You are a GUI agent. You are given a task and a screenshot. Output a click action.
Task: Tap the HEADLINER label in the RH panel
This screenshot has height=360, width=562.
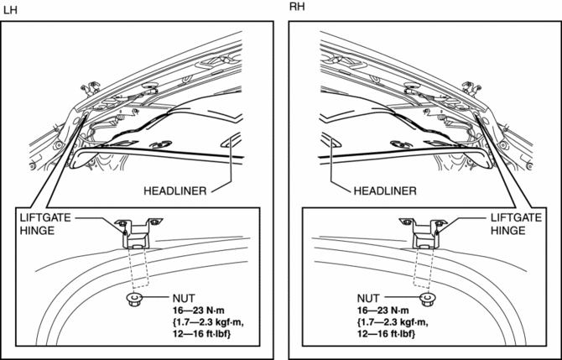coord(384,190)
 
